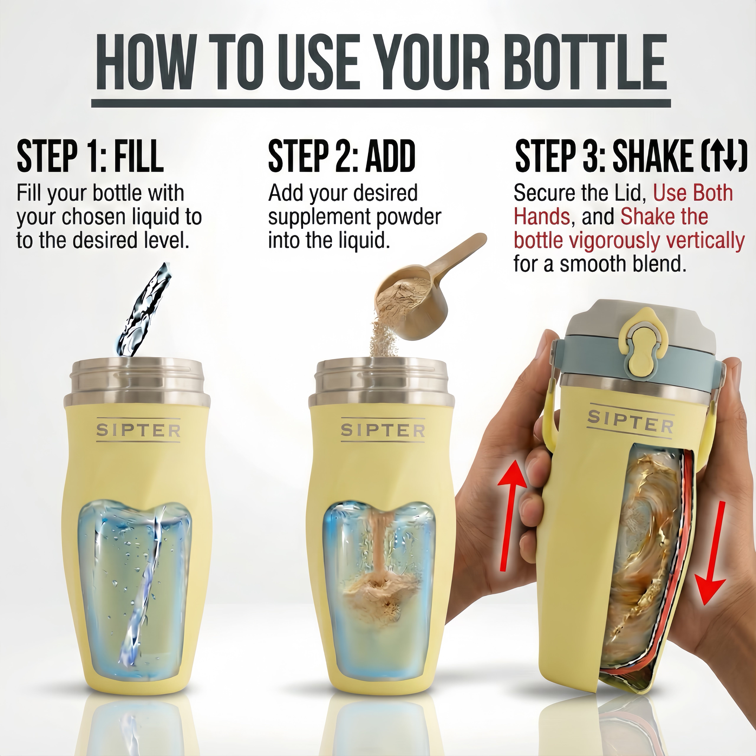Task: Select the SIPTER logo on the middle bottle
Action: pos(383,430)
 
